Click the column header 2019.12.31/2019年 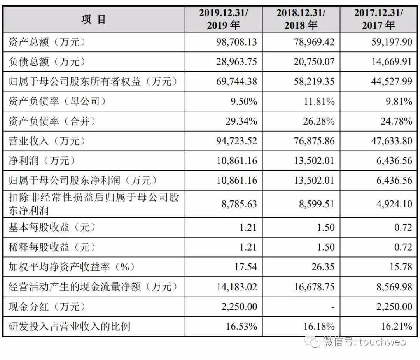[223, 19]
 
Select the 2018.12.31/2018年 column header [301, 19]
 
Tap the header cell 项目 [94, 19]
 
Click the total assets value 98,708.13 [236, 42]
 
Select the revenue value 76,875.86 [314, 141]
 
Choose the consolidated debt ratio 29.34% [241, 121]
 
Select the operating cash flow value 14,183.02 [236, 287]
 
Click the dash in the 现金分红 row [332, 307]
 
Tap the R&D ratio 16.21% [396, 327]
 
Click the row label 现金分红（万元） [47, 307]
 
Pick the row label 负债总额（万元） [47, 62]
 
